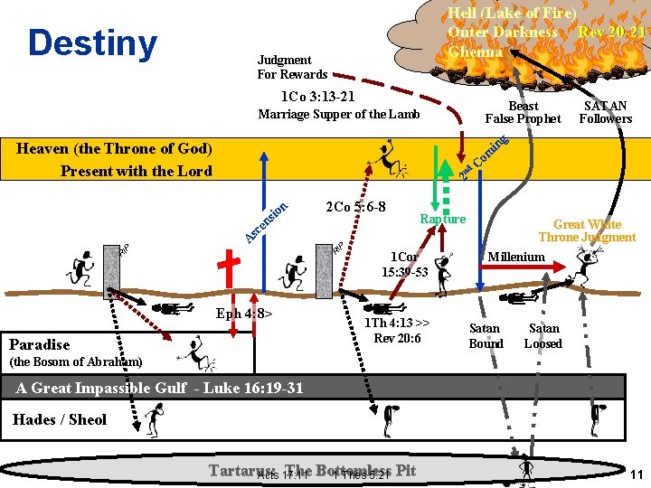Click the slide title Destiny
pyautogui.click(x=92, y=42)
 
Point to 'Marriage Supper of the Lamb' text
pyautogui.click(x=339, y=114)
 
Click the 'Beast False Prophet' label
pyautogui.click(x=523, y=112)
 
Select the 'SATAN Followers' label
pyautogui.click(x=605, y=112)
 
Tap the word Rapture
pyautogui.click(x=443, y=219)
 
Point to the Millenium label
pyautogui.click(x=516, y=257)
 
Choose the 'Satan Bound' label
pyautogui.click(x=486, y=336)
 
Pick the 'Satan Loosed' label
pyautogui.click(x=543, y=336)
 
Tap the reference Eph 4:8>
pyautogui.click(x=243, y=314)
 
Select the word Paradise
pyautogui.click(x=39, y=344)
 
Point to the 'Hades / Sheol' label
pyautogui.click(x=60, y=419)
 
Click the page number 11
pyautogui.click(x=636, y=474)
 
